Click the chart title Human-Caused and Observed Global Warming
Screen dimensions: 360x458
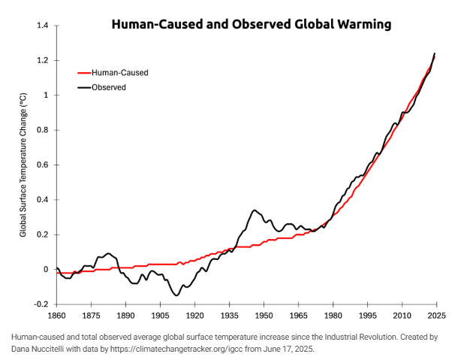(252, 25)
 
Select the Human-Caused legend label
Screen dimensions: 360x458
(119, 73)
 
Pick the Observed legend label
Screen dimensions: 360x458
(109, 87)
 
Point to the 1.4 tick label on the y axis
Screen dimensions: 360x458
(43, 26)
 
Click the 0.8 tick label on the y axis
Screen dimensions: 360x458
(43, 130)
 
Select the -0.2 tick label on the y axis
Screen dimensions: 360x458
(41, 304)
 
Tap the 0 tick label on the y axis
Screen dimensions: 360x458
(46, 269)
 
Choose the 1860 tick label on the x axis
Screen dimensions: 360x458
(56, 316)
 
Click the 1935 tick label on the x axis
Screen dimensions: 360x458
(230, 316)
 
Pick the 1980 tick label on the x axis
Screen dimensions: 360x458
(333, 316)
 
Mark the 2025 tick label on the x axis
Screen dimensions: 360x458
(437, 316)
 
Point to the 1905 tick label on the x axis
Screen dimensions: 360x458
(160, 316)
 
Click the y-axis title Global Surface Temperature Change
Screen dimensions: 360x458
(23, 165)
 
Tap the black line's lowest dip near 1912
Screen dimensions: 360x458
(177, 295)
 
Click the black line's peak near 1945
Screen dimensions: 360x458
(255, 210)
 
